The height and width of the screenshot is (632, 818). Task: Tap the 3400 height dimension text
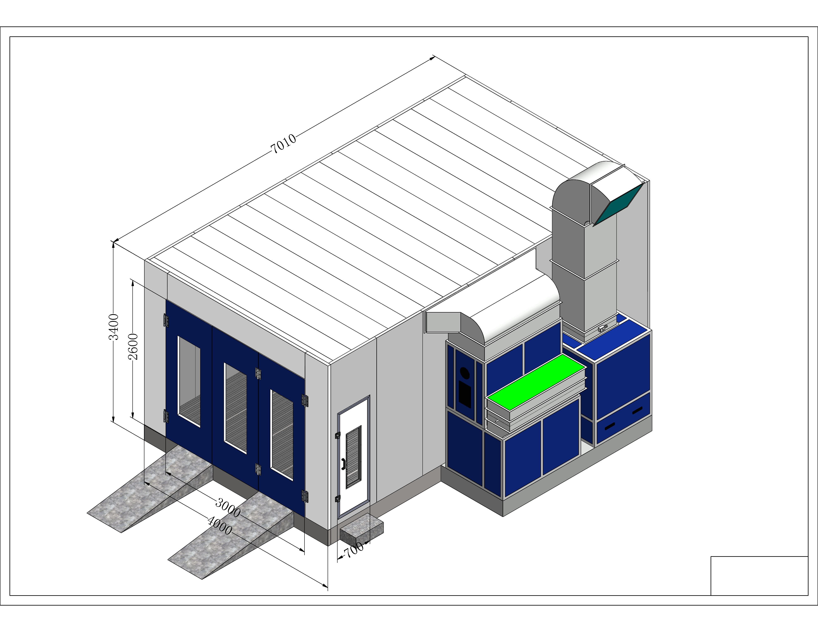(113, 327)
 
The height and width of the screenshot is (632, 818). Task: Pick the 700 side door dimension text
(354, 550)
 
